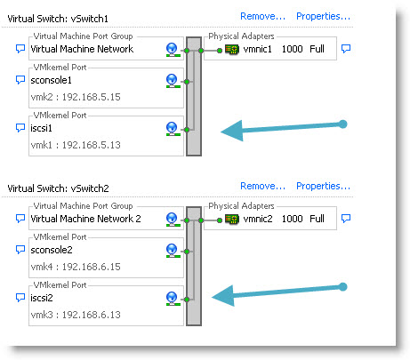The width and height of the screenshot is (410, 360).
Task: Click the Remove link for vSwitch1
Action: [262, 16]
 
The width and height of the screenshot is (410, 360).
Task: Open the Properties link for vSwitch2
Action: [323, 186]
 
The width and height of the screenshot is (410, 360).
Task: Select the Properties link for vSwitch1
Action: [323, 16]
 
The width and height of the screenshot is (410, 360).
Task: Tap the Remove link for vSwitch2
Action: [262, 186]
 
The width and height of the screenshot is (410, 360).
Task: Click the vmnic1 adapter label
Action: [257, 49]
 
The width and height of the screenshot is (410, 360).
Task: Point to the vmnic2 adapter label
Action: [258, 219]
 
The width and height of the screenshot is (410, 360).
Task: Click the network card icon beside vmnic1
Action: [232, 49]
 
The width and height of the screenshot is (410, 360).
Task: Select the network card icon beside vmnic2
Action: [232, 219]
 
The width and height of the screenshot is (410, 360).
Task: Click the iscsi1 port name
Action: [41, 128]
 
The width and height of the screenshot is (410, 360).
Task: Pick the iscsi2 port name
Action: [42, 298]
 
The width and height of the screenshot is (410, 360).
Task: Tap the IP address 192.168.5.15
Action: [92, 97]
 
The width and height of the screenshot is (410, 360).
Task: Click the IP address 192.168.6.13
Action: [92, 315]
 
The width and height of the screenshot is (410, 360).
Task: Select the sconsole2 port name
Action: [52, 250]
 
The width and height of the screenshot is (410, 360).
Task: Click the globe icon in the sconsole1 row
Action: [172, 81]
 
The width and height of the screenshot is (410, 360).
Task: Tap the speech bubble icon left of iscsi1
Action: [20, 128]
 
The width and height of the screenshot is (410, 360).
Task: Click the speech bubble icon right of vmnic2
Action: [346, 219]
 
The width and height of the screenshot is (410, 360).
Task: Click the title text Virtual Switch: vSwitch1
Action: [58, 19]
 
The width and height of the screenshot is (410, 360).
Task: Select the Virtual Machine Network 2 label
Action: [85, 219]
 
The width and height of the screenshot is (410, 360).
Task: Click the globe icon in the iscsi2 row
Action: [172, 299]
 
